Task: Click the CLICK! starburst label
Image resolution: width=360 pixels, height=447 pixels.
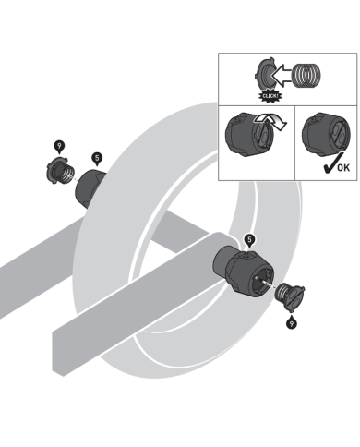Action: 270,96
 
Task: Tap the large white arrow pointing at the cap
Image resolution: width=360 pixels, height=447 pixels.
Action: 282,76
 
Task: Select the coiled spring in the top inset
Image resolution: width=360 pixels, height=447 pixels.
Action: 306,76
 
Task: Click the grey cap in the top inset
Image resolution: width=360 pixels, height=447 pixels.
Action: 264,75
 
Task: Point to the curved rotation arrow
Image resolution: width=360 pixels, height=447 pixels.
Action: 270,121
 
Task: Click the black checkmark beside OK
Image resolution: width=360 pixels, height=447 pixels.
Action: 331,163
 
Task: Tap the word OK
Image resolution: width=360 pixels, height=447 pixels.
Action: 344,168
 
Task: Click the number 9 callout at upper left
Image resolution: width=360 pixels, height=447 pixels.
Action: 59,147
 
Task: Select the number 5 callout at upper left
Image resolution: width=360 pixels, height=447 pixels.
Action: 97,159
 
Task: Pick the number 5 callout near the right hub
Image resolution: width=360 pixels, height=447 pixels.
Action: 249,240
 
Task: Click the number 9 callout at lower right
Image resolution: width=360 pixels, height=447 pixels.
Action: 292,322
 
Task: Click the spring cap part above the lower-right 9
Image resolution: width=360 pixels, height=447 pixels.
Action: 290,296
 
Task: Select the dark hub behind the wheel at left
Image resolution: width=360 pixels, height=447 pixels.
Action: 89,188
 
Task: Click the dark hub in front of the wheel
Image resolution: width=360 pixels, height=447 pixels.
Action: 243,270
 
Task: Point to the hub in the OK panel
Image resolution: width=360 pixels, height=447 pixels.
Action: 326,134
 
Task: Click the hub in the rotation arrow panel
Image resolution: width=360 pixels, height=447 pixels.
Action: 249,135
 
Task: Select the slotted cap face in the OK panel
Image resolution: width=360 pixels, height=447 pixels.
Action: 340,135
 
